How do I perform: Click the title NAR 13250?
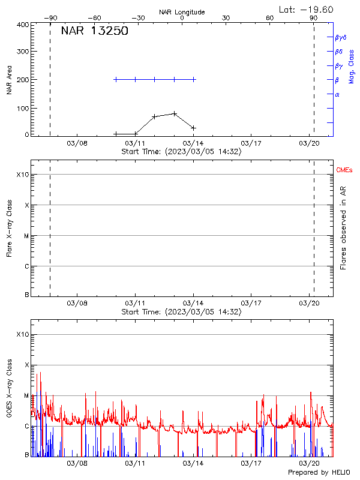[95, 32]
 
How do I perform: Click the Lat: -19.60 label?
[307, 9]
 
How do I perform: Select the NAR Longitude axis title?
[182, 12]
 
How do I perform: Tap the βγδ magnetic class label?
[340, 37]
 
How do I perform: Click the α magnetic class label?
[337, 94]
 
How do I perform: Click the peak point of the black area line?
[174, 113]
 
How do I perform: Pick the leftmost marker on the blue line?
[116, 79]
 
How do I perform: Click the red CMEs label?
[344, 171]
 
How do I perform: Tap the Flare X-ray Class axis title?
[9, 230]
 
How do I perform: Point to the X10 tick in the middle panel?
[23, 175]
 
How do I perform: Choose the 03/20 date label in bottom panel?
[309, 463]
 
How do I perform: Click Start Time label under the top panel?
[181, 152]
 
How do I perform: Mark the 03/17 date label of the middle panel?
[251, 304]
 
